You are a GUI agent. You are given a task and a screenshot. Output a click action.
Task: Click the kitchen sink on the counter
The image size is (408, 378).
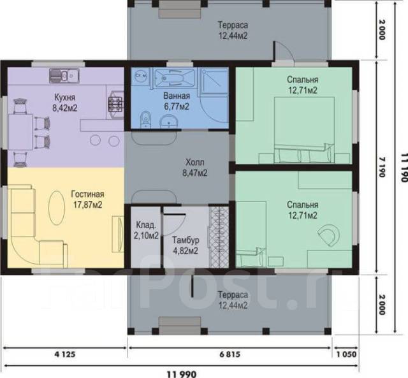click(x=64, y=76)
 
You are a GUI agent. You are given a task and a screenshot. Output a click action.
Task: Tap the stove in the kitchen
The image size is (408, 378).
click(x=115, y=105)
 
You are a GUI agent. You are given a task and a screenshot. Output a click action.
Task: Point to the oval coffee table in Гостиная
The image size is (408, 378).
click(x=57, y=208)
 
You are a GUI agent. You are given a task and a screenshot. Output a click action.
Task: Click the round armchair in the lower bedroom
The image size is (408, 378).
click(x=330, y=235)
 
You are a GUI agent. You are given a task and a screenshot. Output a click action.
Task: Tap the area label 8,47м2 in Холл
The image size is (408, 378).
click(x=195, y=173)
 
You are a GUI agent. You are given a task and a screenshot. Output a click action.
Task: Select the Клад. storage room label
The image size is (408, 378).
click(x=146, y=225)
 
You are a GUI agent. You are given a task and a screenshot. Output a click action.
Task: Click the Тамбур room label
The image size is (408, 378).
click(x=186, y=240)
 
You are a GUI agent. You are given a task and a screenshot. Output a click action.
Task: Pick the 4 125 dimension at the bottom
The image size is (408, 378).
click(x=65, y=354)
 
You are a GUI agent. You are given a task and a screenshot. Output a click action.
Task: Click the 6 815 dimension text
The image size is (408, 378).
click(x=229, y=354)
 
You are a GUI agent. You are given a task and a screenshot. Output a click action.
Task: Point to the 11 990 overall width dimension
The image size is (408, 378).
click(x=182, y=374)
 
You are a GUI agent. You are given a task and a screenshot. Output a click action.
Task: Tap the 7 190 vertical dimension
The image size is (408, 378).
click(x=381, y=167)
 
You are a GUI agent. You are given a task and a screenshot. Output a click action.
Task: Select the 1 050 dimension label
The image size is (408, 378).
click(x=347, y=354)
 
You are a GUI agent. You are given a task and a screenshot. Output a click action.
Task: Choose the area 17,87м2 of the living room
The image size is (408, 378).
click(x=87, y=205)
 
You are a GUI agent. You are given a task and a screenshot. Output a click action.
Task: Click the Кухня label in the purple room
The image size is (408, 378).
click(x=65, y=98)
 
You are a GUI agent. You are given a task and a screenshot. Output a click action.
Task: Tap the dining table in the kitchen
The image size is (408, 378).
click(x=20, y=132)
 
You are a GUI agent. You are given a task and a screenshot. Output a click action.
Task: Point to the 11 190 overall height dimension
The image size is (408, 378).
click(x=404, y=168)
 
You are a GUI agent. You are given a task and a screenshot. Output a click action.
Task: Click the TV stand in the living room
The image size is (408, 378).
click(x=118, y=234)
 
